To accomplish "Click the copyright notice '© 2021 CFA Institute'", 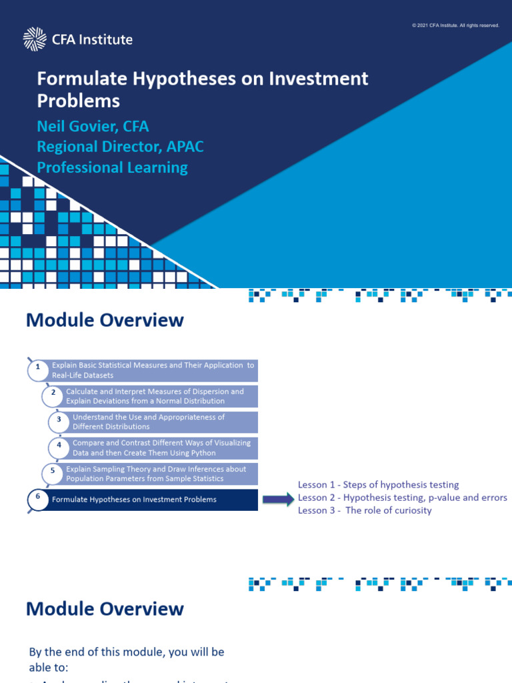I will click(x=456, y=25).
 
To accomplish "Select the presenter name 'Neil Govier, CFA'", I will click(x=93, y=126).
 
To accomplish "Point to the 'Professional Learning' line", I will click(x=112, y=167).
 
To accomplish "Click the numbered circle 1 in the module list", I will click(x=38, y=368).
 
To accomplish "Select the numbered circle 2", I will click(x=53, y=394).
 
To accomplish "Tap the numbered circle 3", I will click(x=59, y=420).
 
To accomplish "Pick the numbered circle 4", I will click(x=59, y=445).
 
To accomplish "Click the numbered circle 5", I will click(x=53, y=471).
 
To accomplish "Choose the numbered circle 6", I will click(x=38, y=497).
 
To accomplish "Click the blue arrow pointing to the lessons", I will click(x=277, y=498).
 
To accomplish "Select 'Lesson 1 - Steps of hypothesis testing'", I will click(x=378, y=485).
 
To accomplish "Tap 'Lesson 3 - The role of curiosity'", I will click(x=365, y=510).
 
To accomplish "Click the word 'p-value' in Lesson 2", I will click(x=439, y=498).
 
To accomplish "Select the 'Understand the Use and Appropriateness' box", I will click(x=163, y=422).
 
